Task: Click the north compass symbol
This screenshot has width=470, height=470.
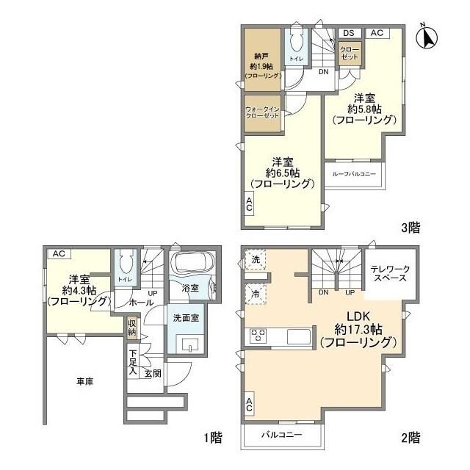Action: coord(425,36)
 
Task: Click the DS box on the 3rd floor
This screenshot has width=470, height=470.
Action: coord(348,33)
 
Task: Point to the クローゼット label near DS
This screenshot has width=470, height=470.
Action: coord(348,53)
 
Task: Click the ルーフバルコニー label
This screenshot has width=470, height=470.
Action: coord(354,174)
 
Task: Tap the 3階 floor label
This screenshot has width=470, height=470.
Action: coord(411,228)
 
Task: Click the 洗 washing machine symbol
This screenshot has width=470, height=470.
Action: coord(254,259)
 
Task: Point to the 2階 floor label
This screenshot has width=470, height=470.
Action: coord(411,438)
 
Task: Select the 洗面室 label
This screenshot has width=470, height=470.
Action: coord(186,319)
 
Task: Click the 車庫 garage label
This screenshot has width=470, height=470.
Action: coord(84,382)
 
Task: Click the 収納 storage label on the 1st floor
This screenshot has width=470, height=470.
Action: coord(131,326)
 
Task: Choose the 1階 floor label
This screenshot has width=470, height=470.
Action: coord(211,438)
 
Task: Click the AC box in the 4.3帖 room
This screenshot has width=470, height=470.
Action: coord(59,253)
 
